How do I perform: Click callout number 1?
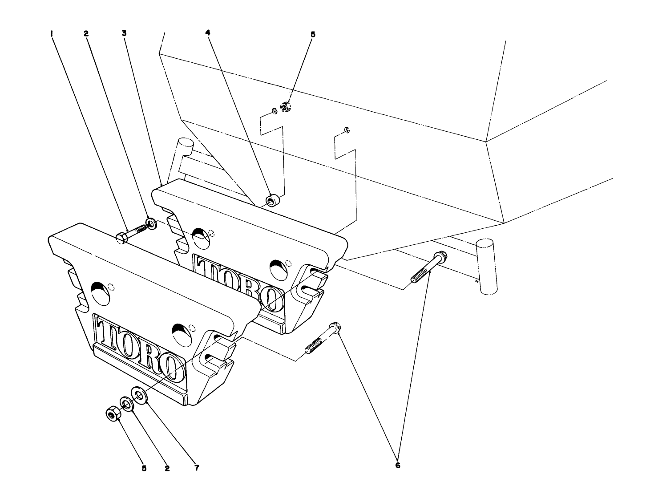tap(52, 33)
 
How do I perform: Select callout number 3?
tap(124, 33)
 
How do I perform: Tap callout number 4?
tap(207, 33)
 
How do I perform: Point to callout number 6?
tap(397, 466)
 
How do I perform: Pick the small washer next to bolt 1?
tap(151, 223)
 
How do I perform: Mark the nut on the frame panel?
tap(285, 106)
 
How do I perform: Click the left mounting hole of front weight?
tap(100, 293)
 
